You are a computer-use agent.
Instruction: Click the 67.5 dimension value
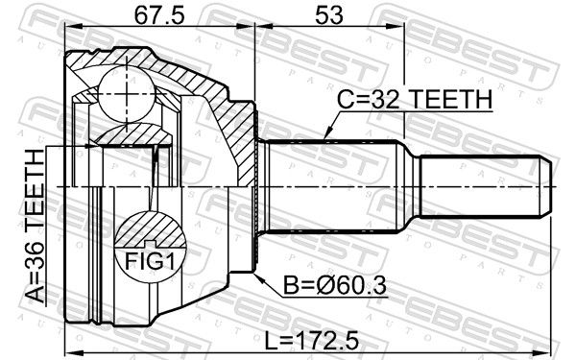[158, 15]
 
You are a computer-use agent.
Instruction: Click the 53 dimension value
[329, 15]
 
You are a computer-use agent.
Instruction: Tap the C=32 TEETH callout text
[415, 99]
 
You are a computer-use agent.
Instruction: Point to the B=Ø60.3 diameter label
[335, 285]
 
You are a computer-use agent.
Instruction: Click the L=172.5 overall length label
[311, 341]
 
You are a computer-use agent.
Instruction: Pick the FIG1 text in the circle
[150, 261]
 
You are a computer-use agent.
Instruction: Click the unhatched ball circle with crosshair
[127, 94]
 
